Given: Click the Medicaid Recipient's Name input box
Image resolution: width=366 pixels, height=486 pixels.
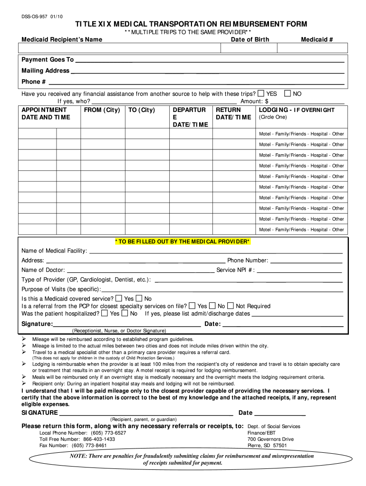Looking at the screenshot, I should click(119, 48).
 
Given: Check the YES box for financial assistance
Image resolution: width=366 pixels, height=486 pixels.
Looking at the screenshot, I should click(260, 93).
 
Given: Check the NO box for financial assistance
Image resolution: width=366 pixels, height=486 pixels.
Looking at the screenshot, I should click(287, 93).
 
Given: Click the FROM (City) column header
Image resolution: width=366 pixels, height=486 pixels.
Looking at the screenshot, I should click(102, 110).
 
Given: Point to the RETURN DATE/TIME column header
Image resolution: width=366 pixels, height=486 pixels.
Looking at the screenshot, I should click(233, 113).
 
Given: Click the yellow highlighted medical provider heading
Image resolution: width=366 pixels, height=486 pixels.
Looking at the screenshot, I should click(183, 242).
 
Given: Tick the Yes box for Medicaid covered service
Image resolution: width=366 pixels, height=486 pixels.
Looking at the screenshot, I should click(118, 299).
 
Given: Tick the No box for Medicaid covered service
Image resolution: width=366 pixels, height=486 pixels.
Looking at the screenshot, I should click(139, 299).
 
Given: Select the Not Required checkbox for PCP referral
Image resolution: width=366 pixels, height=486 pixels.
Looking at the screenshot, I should click(230, 306).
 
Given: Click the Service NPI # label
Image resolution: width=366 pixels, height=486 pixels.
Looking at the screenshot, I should click(235, 270).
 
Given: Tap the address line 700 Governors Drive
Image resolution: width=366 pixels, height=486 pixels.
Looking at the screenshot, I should click(270, 439).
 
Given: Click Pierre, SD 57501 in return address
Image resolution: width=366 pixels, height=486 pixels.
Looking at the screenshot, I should click(267, 446).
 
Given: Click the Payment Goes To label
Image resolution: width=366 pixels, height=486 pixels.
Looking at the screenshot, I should click(48, 60).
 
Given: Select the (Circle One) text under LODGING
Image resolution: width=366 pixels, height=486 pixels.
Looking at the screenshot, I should click(273, 117).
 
